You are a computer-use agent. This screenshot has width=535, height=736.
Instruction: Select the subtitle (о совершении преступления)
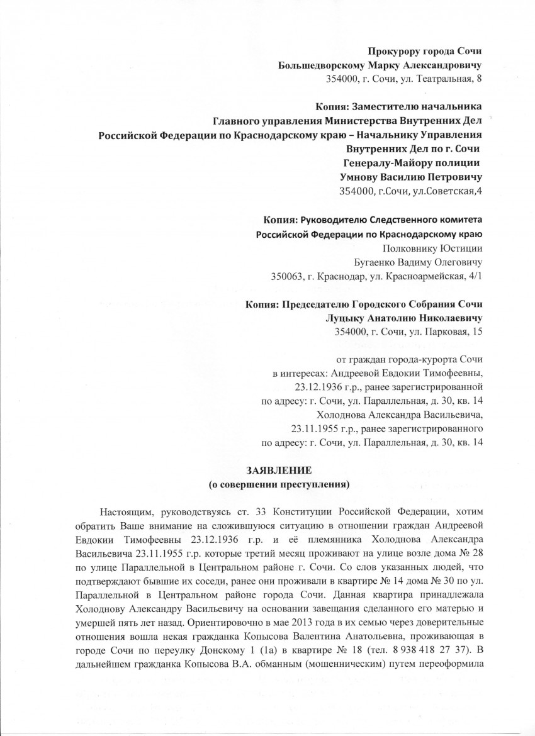[x=278, y=484]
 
